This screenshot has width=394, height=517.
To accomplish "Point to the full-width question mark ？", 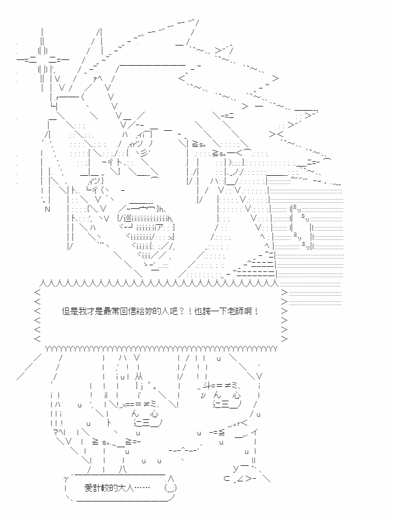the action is pos(181,311).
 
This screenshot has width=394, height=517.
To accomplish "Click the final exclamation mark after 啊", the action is pos(256,311).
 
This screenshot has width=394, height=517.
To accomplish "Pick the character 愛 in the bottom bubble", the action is pos(89,488).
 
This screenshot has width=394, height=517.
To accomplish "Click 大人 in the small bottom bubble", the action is pos(126,488).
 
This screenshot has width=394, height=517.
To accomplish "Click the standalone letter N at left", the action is pos(48,209).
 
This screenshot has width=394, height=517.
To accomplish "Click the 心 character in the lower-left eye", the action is pos(154,414).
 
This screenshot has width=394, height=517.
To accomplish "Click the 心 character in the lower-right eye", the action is pos(236,395).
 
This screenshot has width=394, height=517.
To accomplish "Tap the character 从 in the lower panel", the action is pos(139,376).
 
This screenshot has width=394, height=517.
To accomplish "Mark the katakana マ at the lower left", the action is pos(56,432).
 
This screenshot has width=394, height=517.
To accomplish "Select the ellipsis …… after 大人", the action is pos(142,488).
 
